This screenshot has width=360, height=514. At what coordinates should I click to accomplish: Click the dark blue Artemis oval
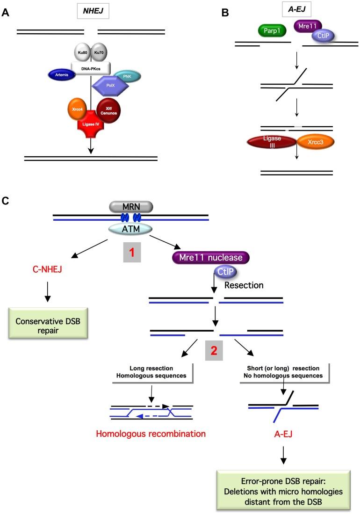pyautogui.click(x=62, y=74)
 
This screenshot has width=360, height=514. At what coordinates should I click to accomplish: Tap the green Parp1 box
pyautogui.click(x=273, y=31)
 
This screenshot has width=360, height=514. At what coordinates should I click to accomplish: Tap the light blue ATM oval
pyautogui.click(x=130, y=229)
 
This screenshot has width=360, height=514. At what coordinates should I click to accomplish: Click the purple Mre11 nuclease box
pyautogui.click(x=210, y=257)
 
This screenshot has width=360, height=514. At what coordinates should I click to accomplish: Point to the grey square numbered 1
pyautogui.click(x=131, y=251)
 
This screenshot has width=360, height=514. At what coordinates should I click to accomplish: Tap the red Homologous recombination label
pyautogui.click(x=151, y=433)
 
